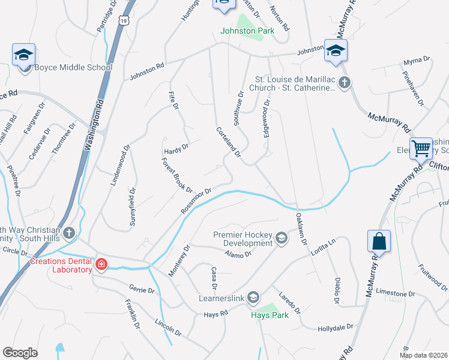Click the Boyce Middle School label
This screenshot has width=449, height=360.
[x=73, y=67]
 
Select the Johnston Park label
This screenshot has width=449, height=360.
[x=247, y=31]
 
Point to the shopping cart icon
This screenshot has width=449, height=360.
[x=421, y=148]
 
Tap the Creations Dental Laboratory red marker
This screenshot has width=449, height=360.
[x=101, y=264]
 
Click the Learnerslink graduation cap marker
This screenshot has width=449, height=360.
[x=253, y=298]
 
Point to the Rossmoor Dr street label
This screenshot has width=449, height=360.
[x=196, y=200]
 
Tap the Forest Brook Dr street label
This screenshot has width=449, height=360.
[x=176, y=175]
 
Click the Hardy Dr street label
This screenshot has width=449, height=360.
[x=176, y=146]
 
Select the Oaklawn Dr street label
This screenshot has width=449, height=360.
[x=301, y=230]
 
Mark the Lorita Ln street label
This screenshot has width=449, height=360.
[x=322, y=246]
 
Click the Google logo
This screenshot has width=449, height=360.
[x=20, y=353]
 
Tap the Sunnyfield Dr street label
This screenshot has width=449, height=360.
[x=132, y=208]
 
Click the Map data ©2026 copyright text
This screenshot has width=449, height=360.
[x=423, y=355]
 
